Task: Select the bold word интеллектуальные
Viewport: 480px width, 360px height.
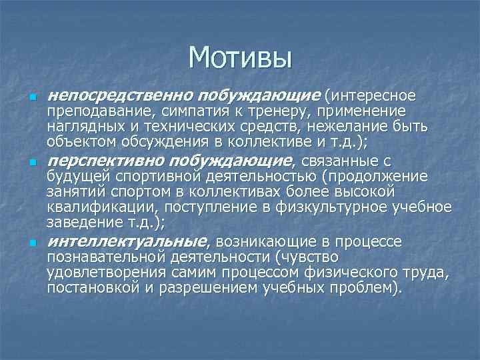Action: [x=113, y=240]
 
